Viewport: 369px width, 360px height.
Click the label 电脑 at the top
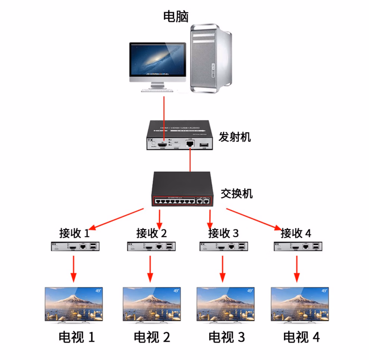[x=176, y=16]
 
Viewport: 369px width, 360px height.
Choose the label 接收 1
[x=74, y=233]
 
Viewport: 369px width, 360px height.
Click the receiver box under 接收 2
[x=151, y=246]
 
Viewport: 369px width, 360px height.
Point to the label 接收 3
[x=223, y=234]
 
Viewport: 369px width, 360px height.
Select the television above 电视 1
[x=75, y=303]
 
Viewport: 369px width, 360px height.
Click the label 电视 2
[x=152, y=337]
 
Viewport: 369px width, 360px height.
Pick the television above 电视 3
[x=225, y=303]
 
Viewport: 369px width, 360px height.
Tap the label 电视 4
[x=301, y=337]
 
